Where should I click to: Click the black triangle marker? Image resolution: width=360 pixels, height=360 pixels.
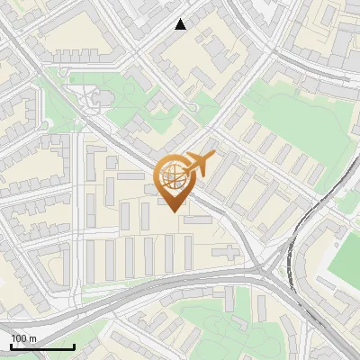tap(181, 24)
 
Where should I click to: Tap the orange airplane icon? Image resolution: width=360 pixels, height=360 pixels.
tap(199, 164)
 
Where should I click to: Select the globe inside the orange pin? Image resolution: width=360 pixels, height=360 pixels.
tap(172, 175)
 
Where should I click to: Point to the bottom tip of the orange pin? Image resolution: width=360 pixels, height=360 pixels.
tap(175, 211)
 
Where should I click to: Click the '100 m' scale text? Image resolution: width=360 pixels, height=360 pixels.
tap(23, 338)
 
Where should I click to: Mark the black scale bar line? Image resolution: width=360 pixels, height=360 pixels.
tap(42, 346)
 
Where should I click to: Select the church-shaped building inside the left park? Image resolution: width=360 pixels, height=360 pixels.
tap(97, 96)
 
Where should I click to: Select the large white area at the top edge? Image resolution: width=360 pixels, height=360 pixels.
tap(261, 11)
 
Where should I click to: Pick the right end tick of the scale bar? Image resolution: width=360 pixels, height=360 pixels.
tap(74, 346)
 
